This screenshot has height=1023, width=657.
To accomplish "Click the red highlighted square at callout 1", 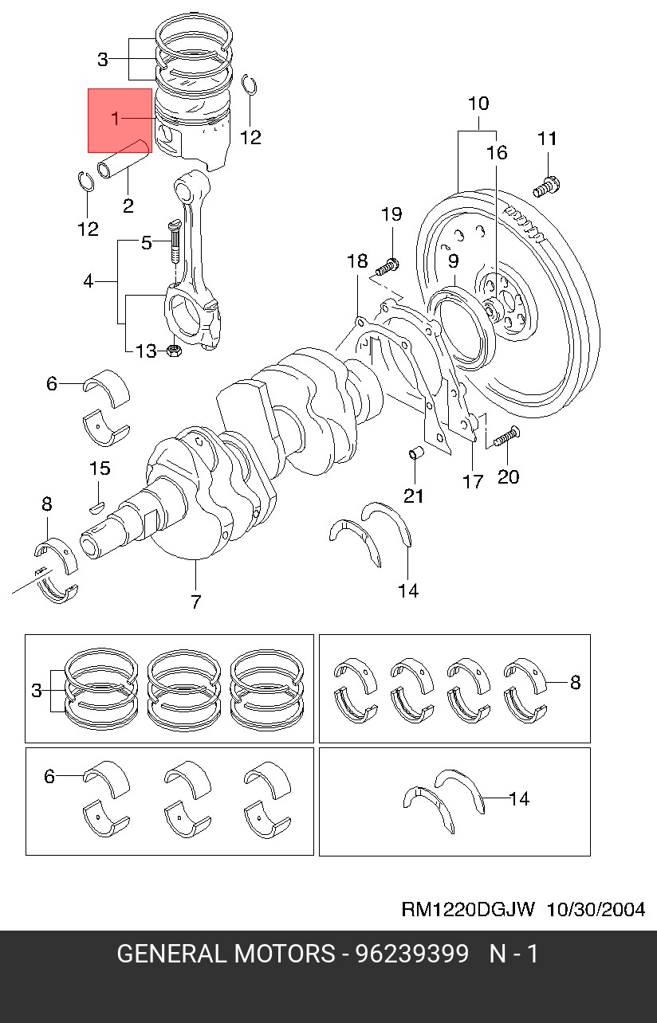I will pos(120,120).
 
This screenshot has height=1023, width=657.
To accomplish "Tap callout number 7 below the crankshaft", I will pos(195,602).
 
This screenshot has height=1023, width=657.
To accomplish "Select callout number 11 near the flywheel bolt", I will pos(547,139).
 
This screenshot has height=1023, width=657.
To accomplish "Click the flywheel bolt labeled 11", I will pos(546,186).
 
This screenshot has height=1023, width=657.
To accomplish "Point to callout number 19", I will pos(391,214).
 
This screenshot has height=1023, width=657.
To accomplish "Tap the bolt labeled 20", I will pos(506,437).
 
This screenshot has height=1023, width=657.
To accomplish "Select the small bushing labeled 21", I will pos(415,453).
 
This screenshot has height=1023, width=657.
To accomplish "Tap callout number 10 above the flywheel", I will pos(478,104).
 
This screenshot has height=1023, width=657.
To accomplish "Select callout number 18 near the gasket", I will pos(357,261).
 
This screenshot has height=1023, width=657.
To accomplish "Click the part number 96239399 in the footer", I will pos(412,953).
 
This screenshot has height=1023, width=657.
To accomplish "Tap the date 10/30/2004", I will pos(596,909).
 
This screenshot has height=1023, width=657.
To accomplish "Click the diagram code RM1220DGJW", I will pos(467,909).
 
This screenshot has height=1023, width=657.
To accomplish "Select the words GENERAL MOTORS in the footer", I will pos(226,953).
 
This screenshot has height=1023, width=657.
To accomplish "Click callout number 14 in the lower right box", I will pos(519,798).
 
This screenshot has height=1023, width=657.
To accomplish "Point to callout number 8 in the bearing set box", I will pos(575,682).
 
